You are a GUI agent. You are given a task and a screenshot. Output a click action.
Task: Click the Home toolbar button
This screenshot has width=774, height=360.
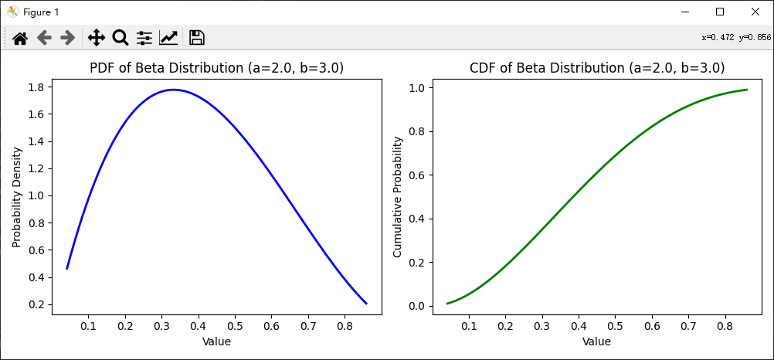coord(20,37)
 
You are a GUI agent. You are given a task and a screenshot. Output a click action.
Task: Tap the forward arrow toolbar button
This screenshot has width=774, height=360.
coord(67,37)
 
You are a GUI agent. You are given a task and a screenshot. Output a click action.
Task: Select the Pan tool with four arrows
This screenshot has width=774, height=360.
coord(96,37)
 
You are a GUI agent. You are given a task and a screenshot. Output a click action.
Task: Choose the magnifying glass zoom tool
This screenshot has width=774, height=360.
coord(120,37)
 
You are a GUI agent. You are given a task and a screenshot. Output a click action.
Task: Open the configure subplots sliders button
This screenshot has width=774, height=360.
coord(144,37)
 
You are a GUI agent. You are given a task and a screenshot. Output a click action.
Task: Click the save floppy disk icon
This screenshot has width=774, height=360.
coord(196,37)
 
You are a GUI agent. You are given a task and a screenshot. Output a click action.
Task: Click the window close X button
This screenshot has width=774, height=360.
coord(755,12)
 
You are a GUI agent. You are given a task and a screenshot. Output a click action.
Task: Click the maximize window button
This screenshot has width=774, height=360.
coord(719,12)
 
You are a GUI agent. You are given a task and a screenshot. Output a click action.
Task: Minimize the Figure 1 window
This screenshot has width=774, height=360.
coord(684,12)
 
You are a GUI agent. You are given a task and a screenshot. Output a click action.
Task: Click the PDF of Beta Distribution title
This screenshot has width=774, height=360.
coord(216,68)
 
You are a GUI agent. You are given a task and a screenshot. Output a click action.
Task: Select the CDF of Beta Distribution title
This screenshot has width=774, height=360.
coord(596,68)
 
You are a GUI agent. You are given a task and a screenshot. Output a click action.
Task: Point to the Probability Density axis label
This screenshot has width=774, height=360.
coord(16,197)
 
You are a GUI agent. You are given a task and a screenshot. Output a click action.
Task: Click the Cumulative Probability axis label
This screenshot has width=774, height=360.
coord(397,197)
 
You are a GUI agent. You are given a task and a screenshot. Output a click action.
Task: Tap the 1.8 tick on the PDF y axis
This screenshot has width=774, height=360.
coord(35,87)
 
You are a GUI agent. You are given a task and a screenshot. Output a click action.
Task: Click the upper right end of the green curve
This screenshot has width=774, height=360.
coord(746,90)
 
